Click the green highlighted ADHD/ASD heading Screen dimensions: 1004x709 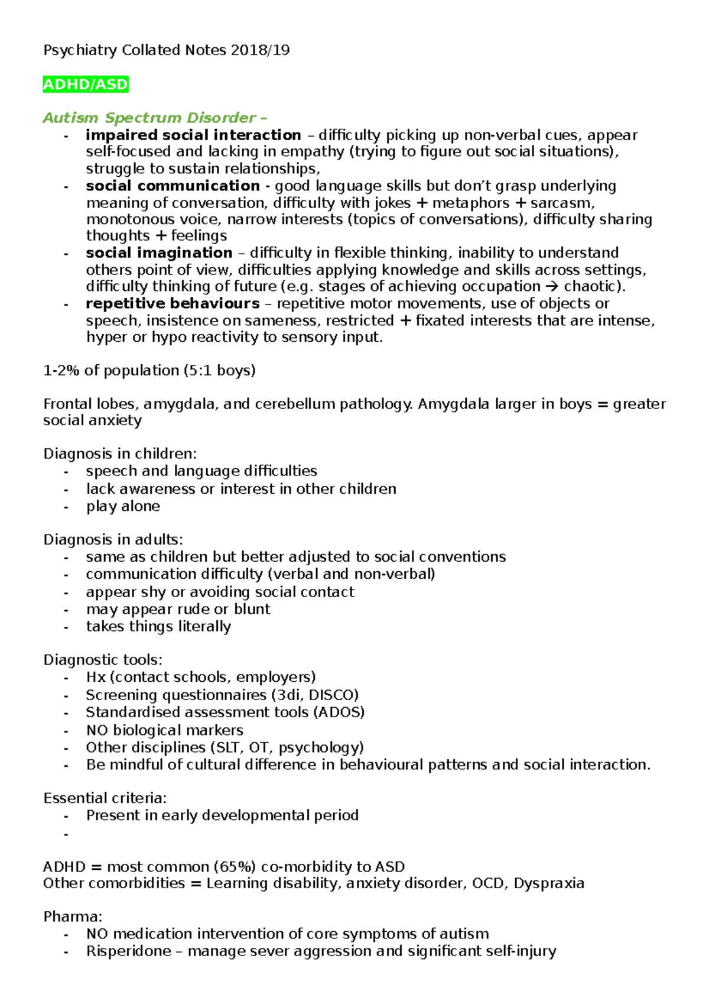click(86, 85)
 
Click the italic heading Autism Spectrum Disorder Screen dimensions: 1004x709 click(149, 118)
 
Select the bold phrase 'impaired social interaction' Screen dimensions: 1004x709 click(193, 135)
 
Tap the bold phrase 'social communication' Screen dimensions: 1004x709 click(173, 186)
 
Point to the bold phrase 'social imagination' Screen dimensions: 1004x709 click(159, 253)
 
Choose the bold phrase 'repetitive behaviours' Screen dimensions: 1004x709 click(173, 304)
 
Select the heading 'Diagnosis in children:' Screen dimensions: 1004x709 click(120, 454)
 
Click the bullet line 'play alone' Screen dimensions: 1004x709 click(123, 507)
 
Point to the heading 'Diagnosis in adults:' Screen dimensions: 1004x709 click(113, 540)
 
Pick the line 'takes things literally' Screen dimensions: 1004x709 click(158, 627)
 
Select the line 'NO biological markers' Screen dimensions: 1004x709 click(164, 731)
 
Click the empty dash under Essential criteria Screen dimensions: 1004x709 click(66, 834)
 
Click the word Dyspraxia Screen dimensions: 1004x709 click(549, 884)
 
